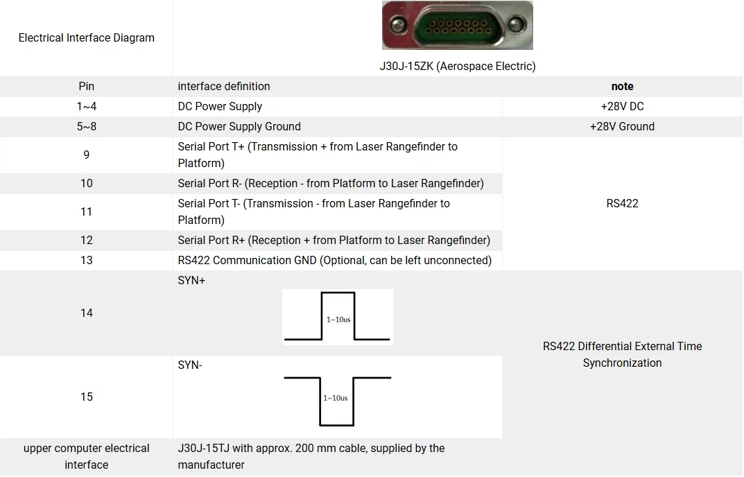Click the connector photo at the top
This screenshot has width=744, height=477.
click(x=458, y=26)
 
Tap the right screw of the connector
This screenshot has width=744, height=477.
click(x=515, y=26)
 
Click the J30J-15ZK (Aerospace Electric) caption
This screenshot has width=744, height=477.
click(x=458, y=67)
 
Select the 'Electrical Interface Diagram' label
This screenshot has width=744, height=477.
click(x=86, y=38)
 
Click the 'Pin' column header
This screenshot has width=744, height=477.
click(x=86, y=87)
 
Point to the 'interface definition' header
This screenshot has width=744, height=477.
click(x=224, y=87)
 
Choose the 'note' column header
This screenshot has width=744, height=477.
click(x=622, y=87)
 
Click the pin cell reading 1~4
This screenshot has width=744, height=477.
click(x=86, y=107)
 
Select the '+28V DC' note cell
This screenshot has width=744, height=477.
click(x=622, y=107)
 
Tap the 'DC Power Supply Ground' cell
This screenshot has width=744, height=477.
click(x=239, y=127)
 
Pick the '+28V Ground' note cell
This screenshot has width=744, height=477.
click(x=622, y=127)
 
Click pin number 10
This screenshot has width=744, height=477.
click(x=86, y=184)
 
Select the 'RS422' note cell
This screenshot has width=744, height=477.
click(x=622, y=204)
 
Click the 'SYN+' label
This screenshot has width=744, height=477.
click(x=191, y=281)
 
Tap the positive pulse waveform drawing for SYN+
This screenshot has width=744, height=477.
click(x=338, y=317)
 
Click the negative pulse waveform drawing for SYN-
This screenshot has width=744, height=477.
click(x=338, y=401)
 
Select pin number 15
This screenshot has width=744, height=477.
click(x=86, y=397)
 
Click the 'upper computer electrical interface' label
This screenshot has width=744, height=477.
click(x=86, y=457)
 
